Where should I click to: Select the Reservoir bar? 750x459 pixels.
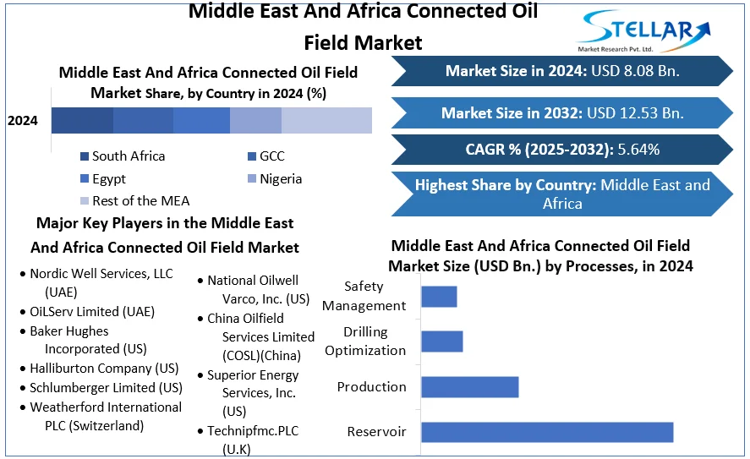coord(546,431)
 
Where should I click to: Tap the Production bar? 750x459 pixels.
coord(469,386)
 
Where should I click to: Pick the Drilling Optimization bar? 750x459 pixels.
coord(441,341)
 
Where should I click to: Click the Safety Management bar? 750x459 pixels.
coord(439,296)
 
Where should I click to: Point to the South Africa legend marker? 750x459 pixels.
coord(85,156)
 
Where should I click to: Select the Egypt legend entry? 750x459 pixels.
coord(109,179)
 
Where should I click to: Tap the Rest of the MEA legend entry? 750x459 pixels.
coord(140,201)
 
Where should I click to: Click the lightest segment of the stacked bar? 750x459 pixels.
coord(326,120)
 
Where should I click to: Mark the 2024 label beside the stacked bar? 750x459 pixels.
coord(23,121)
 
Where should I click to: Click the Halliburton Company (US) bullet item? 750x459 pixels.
coord(104,369)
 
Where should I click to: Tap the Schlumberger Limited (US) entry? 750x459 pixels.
coord(106,388)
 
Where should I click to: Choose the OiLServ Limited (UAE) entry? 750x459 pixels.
coord(92,311)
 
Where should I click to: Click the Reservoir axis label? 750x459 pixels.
coord(376,432)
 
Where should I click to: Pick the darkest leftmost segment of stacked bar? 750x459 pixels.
coord(82,120)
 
